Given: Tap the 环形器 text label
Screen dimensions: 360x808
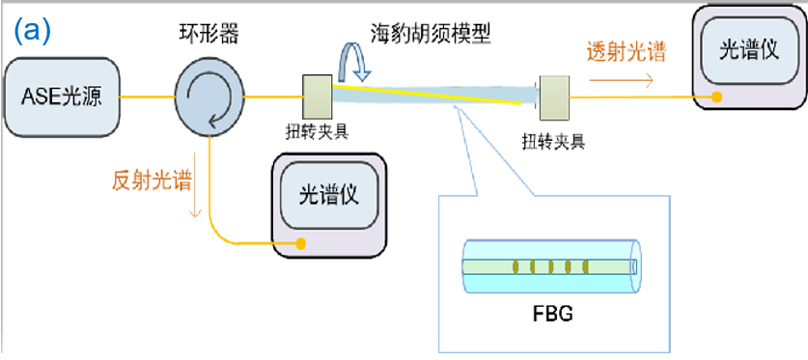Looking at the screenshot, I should pos(205,34).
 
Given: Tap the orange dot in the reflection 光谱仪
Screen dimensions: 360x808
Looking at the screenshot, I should pos(301,243).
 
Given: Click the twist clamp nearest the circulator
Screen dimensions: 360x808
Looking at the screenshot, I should pos(318,96).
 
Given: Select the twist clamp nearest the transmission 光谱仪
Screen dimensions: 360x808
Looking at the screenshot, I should pos(555,99).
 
